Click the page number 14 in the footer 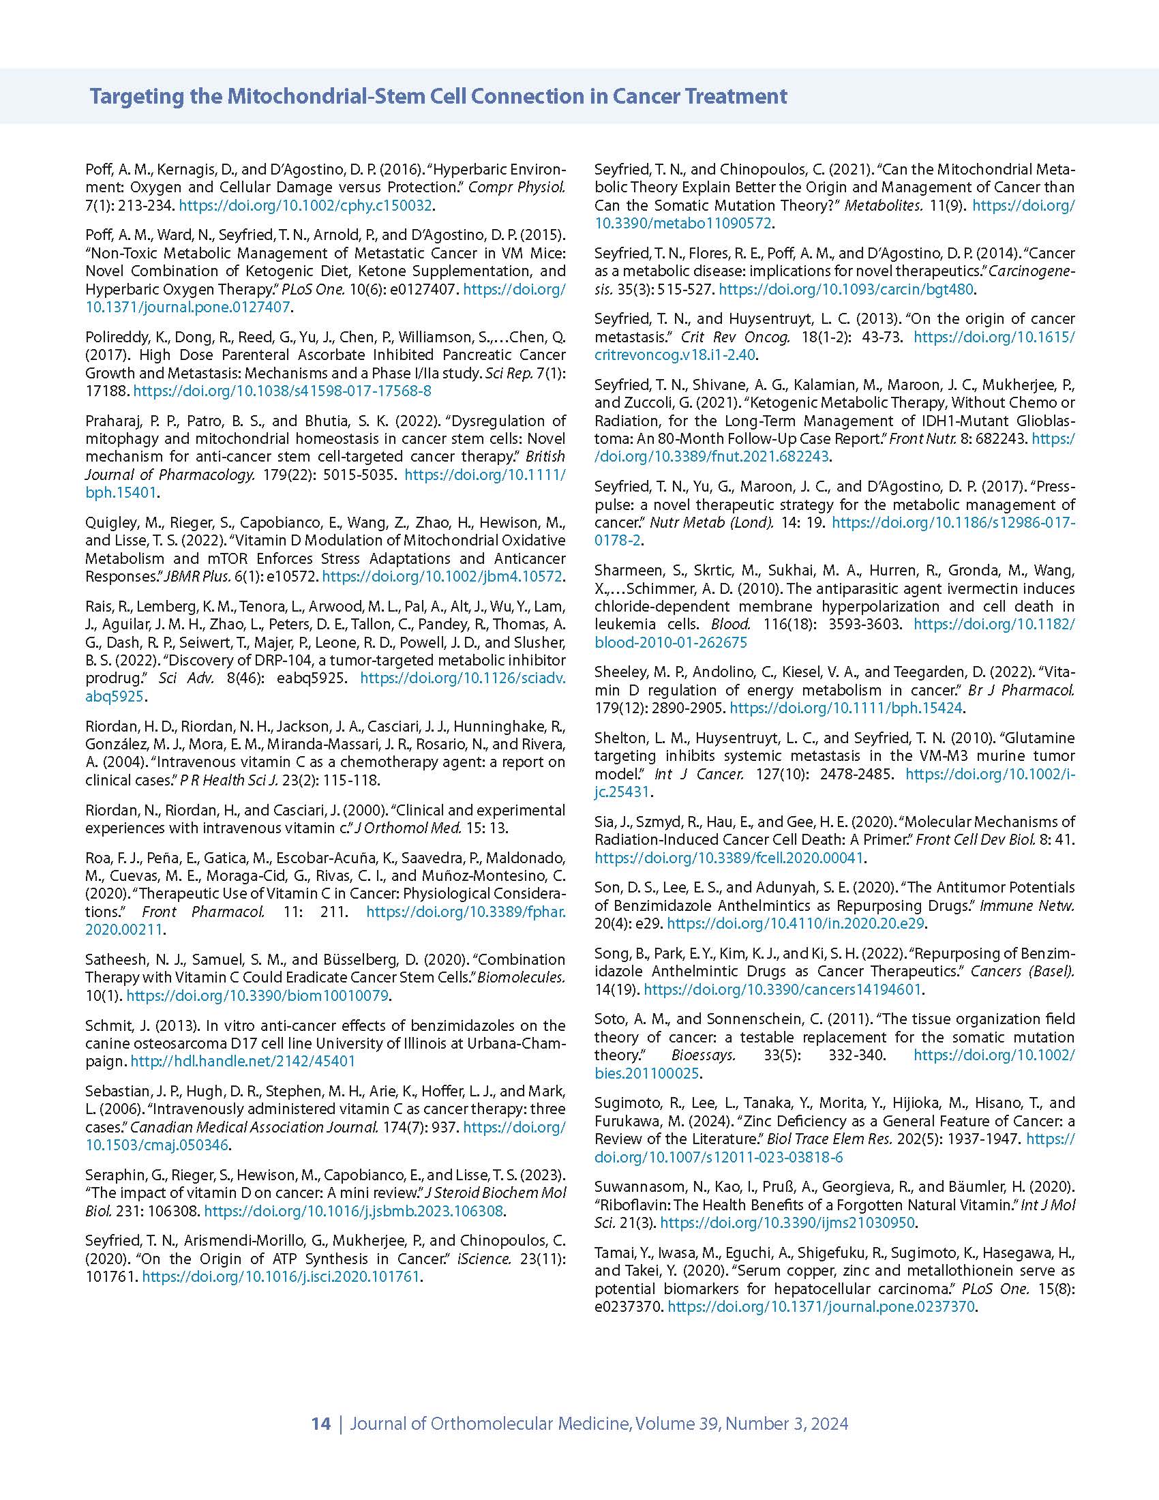click(x=320, y=1423)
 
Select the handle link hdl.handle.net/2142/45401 click(x=243, y=1060)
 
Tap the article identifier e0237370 click(x=627, y=1306)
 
